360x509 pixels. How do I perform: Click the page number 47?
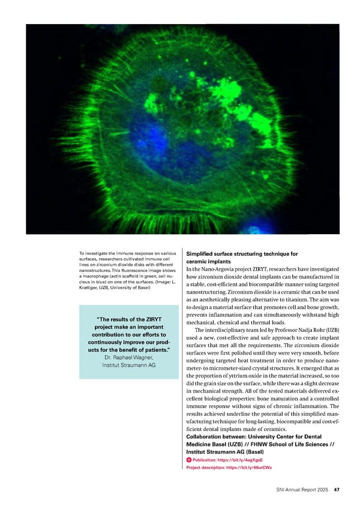337,489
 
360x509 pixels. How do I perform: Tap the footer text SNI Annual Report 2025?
298,489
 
